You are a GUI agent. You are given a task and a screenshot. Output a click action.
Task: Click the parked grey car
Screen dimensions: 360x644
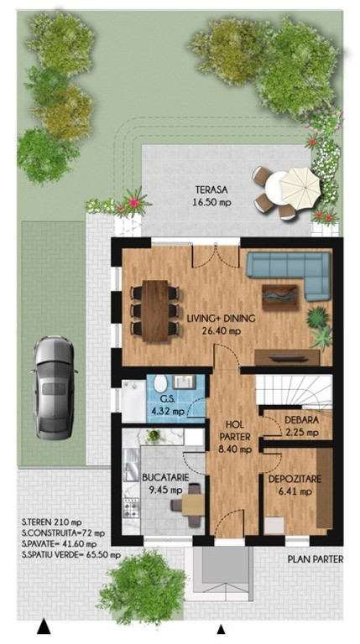[55, 387]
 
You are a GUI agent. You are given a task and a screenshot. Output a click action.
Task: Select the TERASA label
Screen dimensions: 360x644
[211, 190]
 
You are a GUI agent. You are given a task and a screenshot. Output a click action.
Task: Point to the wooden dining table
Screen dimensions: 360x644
[155, 311]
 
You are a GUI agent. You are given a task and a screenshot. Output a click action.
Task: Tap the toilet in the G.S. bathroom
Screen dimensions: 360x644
[160, 383]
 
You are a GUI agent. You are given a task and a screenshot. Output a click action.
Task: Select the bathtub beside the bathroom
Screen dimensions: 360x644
[133, 401]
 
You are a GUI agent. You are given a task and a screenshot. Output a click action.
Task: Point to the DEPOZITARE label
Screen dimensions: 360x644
[295, 479]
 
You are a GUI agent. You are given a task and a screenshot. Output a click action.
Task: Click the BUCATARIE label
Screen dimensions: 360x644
[165, 477]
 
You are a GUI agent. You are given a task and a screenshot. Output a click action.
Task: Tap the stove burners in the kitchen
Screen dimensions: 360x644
[132, 510]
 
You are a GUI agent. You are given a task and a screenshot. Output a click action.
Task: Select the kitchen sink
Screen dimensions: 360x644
[132, 464]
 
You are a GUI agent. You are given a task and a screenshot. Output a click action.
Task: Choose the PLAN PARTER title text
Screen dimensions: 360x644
[316, 559]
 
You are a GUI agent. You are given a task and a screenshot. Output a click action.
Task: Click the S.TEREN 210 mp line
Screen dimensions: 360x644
[52, 522]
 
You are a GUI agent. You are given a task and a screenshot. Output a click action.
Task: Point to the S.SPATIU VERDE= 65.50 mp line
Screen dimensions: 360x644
[71, 555]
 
